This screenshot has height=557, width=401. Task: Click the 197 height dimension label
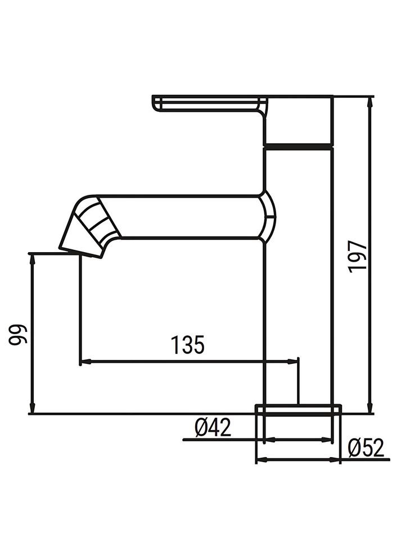click(357, 256)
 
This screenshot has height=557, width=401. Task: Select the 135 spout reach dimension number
click(187, 345)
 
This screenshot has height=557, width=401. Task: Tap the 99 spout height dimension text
click(17, 335)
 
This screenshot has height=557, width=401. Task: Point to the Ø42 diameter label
click(213, 428)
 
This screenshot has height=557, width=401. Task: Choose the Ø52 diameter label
click(366, 449)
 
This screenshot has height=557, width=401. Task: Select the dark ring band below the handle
click(299, 146)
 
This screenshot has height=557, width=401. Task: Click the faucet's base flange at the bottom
click(299, 409)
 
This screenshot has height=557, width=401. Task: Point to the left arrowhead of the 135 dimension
click(84, 360)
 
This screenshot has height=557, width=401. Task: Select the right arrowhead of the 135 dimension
click(294, 360)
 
